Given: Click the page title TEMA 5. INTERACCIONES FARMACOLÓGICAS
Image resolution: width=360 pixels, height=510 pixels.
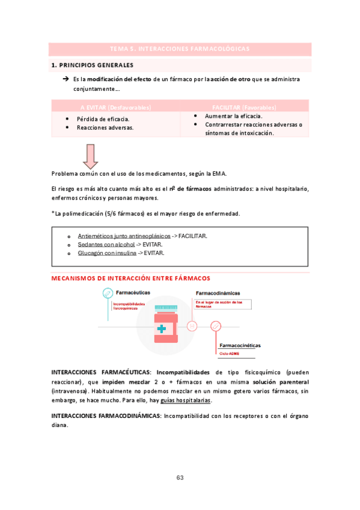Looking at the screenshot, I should tap(180, 49).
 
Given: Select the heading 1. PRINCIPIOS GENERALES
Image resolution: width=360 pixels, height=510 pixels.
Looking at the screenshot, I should tap(93, 65).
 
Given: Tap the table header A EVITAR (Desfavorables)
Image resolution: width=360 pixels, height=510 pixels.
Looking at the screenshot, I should tap(115, 107).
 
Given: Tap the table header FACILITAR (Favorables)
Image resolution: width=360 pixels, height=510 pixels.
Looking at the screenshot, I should tap(244, 107).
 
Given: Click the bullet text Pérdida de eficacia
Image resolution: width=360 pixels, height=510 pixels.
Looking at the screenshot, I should tap(103, 119).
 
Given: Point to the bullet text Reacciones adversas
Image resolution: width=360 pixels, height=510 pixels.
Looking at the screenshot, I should tap(105, 127).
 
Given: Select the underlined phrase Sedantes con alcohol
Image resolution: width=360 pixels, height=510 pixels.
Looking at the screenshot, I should tap(106, 245).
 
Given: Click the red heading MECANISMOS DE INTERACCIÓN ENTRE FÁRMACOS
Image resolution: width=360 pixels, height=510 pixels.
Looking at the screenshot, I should tap(131, 278).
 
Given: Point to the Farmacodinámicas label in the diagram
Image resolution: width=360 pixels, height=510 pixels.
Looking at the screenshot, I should tap(218, 293).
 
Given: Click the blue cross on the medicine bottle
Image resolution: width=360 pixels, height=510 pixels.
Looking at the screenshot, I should tap(161, 329).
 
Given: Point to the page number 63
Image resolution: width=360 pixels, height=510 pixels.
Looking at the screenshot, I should tap(180, 478).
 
